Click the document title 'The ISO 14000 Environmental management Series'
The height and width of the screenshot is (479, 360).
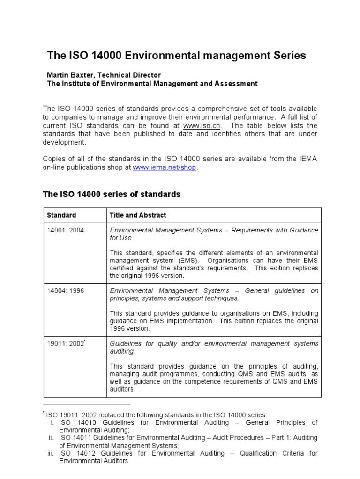(176, 56)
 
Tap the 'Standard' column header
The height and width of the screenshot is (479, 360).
(61, 215)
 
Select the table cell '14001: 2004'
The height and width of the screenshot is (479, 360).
(66, 230)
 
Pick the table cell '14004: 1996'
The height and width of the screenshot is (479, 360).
(66, 290)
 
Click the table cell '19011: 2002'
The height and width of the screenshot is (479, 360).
(66, 344)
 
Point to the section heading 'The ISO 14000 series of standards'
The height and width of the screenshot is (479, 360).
(112, 194)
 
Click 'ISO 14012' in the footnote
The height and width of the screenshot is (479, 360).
(75, 453)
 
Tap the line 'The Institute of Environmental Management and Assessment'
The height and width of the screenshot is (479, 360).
(152, 84)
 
